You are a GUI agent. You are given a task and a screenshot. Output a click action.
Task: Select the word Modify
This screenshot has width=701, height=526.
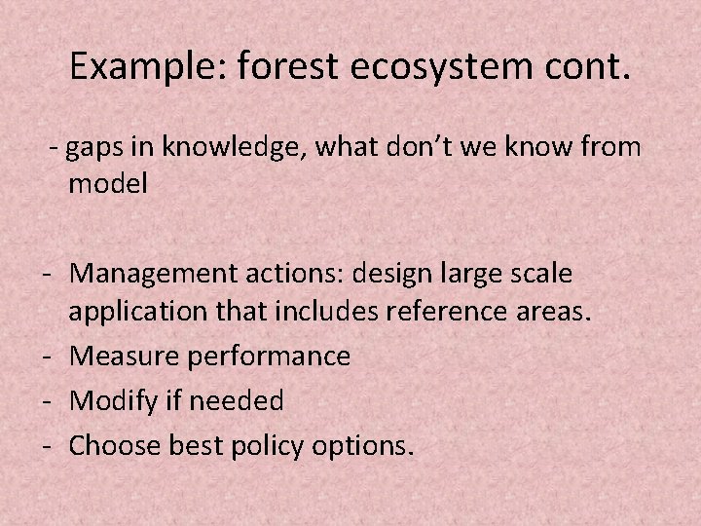108,400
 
